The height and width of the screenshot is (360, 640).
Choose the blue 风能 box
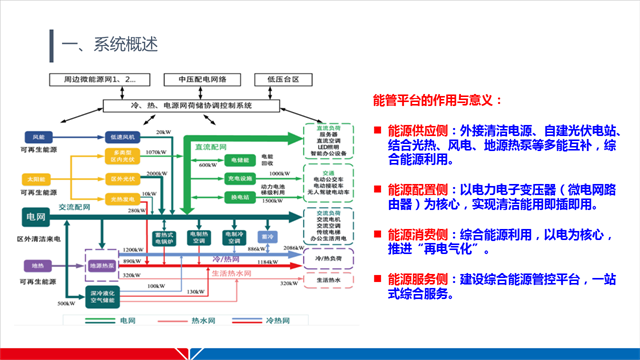click(39, 136)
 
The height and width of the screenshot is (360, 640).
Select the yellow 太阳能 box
click(39, 180)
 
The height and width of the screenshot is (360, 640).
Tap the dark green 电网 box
click(37, 215)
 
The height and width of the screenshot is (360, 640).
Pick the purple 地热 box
click(39, 266)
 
